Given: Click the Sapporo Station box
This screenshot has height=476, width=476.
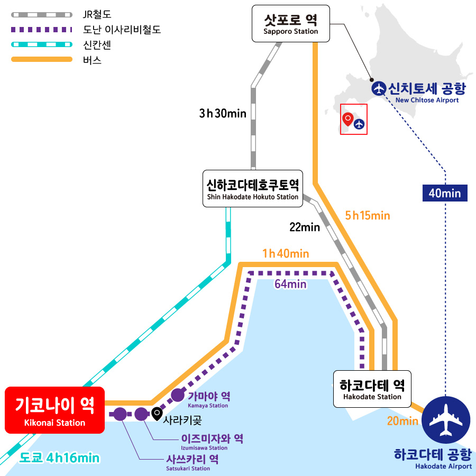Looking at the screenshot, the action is click(291, 23).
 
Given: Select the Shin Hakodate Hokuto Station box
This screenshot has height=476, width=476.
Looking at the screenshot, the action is click(253, 188).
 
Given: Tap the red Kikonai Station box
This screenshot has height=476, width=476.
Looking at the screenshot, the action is click(54, 410).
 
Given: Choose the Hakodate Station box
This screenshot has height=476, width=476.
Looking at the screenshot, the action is click(372, 389).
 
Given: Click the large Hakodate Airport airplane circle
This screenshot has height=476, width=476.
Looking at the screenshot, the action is click(446, 420).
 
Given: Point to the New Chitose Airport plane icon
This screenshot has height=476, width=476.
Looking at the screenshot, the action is click(379, 88).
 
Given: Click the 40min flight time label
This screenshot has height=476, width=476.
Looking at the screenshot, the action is click(445, 193).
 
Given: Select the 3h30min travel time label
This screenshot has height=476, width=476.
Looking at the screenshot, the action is click(223, 114).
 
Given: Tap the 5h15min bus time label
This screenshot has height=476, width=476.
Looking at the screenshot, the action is click(368, 216).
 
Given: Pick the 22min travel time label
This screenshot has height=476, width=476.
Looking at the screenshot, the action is click(305, 227).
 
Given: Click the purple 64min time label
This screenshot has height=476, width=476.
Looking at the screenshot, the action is click(290, 284).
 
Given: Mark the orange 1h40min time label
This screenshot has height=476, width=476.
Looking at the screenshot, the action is click(286, 253).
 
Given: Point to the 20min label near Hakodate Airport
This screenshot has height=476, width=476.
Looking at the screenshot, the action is click(402, 421).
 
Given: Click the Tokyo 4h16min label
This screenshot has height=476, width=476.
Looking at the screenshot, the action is click(59, 458).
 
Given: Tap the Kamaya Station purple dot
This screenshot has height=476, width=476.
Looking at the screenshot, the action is click(178, 395).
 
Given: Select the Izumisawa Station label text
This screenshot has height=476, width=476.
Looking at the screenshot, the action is click(212, 442).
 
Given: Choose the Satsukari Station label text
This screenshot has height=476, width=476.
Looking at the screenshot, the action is click(192, 463).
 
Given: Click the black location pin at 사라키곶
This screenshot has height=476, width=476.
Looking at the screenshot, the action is click(157, 414).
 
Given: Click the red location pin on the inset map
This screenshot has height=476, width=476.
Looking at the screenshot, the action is click(348, 118).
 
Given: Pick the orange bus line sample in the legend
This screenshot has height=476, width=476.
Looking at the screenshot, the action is click(42, 59).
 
